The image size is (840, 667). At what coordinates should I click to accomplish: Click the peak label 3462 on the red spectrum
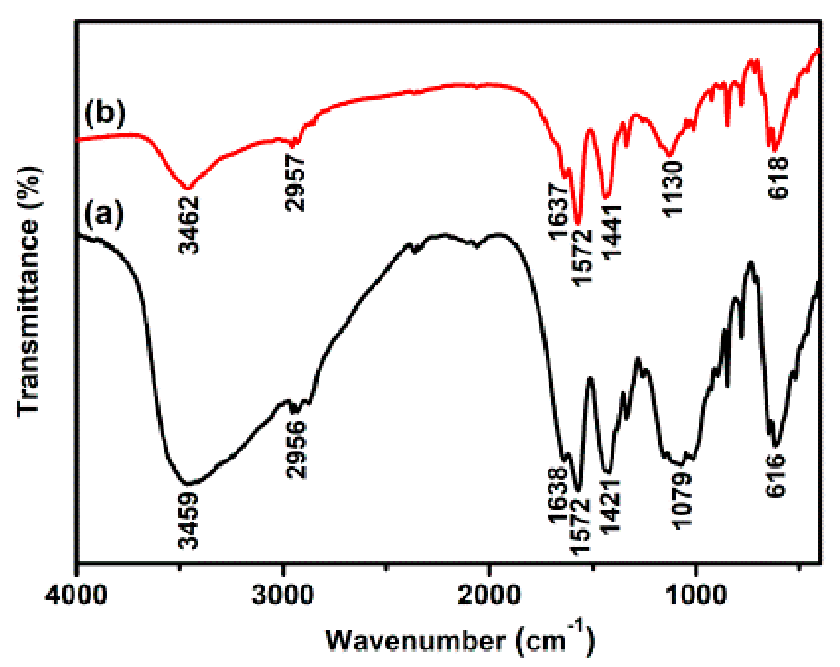pos(189,225)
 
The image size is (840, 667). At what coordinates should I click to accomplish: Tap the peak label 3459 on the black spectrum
pos(189,520)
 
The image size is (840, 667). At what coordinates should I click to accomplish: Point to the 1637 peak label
pos(558,212)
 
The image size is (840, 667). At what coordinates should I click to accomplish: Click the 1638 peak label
pos(557,496)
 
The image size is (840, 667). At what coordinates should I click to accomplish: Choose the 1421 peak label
pos(610,506)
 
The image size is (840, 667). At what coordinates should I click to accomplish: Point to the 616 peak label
pos(776,475)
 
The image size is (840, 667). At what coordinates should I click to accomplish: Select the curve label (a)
pos(104,214)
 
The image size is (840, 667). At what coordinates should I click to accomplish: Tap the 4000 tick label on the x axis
pos(76,595)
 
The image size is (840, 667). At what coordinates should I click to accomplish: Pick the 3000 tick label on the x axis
pos(283,595)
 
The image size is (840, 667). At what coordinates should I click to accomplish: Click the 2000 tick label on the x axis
pos(489,595)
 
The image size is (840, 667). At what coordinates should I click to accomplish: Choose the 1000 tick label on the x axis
pos(695,595)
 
